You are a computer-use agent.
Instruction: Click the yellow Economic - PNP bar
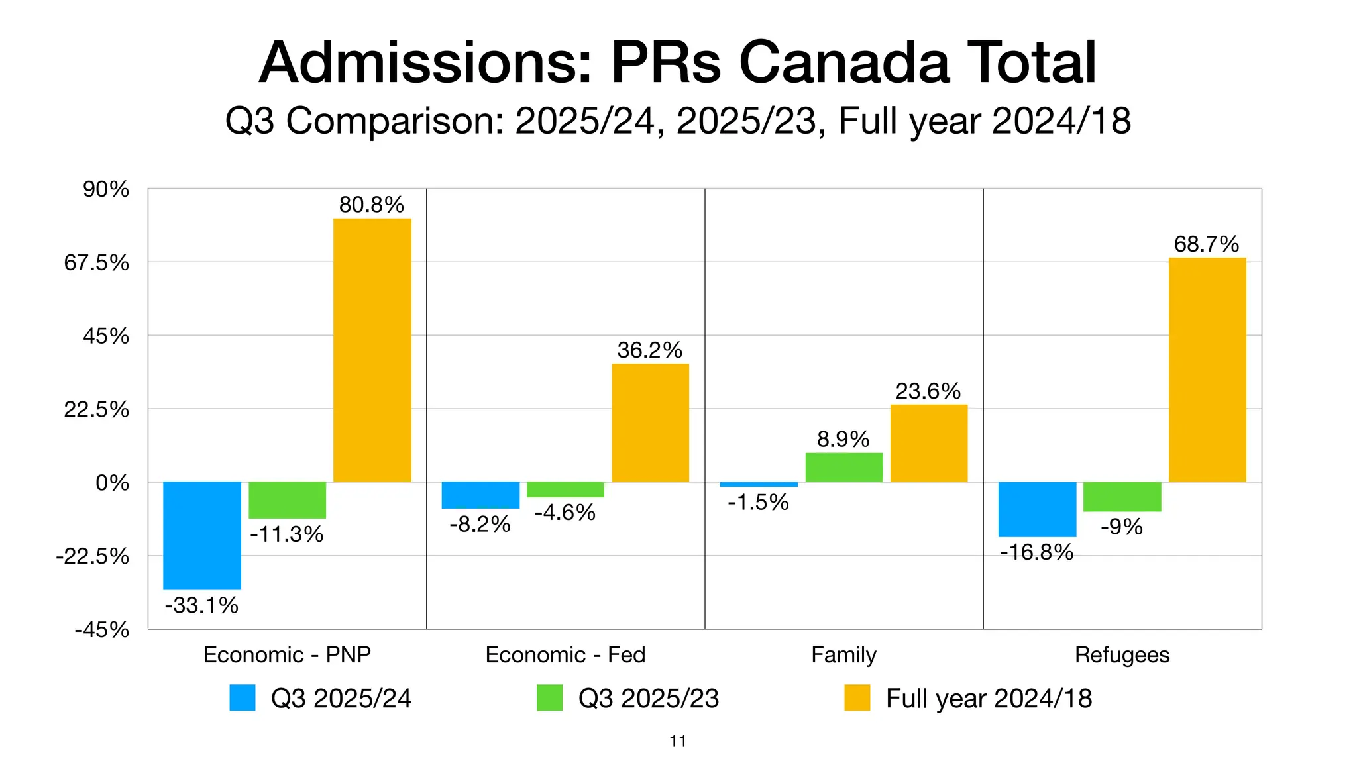372,350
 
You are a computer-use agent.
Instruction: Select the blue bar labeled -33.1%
202,535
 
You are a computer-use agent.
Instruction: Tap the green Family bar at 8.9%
843,467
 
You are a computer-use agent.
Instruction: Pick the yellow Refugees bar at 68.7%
1207,370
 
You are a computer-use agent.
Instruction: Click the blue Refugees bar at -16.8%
1037,509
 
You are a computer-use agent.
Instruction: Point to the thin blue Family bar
759,484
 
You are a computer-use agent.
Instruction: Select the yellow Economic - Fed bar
650,423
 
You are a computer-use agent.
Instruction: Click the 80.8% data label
371,205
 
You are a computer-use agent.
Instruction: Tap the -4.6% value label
565,512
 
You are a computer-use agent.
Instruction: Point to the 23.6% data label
928,391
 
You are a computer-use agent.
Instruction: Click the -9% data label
1122,527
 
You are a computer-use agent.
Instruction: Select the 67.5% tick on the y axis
97,263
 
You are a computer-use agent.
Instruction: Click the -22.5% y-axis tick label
92,556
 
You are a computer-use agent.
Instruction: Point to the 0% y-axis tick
112,483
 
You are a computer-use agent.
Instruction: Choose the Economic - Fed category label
565,654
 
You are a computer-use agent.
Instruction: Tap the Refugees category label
1122,654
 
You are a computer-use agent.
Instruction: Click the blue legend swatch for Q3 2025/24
243,697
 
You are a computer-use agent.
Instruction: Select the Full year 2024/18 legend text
989,698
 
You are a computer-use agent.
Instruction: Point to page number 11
678,741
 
